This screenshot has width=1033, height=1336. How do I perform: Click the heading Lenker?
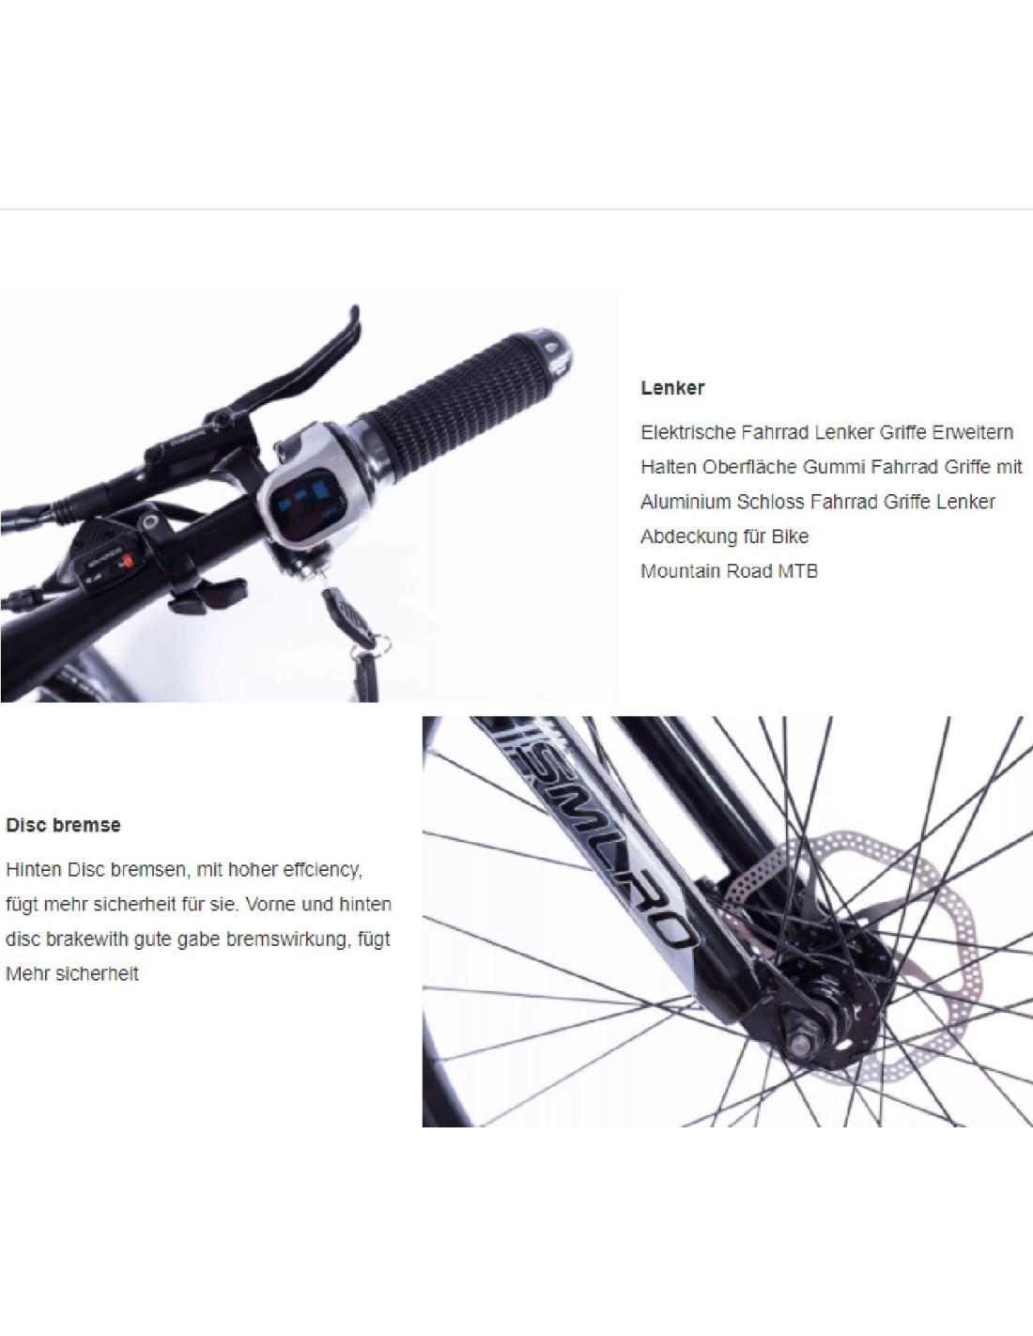click(x=672, y=388)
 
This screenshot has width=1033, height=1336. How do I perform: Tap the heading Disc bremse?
click(x=63, y=825)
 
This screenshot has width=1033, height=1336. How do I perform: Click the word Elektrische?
click(x=687, y=432)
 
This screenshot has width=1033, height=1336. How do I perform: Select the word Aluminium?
click(x=686, y=502)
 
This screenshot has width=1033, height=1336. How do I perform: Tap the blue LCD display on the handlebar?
click(x=301, y=500)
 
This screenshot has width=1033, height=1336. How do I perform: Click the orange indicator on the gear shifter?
click(x=127, y=561)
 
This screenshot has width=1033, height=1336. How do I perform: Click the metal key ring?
click(x=381, y=645)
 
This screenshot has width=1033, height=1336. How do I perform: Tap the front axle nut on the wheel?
click(x=800, y=1042)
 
